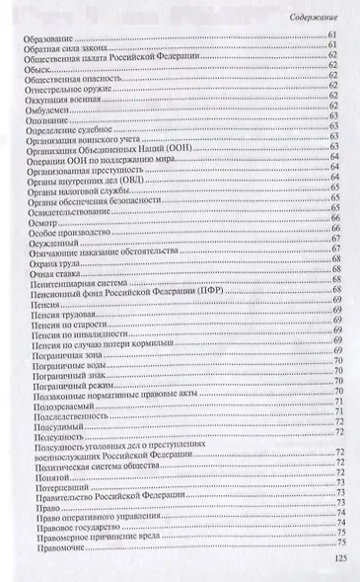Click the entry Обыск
[x=34, y=70]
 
